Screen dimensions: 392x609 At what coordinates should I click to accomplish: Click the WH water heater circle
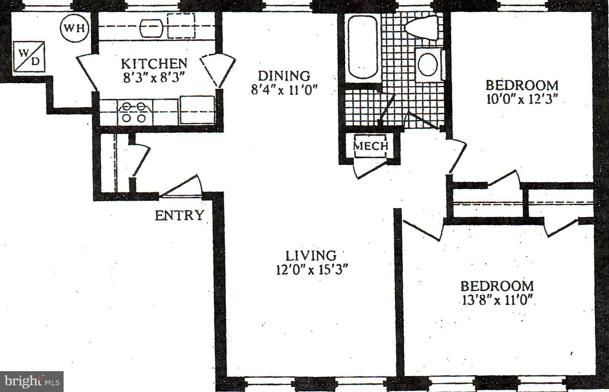tap(75, 28)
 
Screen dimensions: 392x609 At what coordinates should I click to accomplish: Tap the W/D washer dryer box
tap(29, 57)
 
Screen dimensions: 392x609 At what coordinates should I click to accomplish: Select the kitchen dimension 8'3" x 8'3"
tap(154, 77)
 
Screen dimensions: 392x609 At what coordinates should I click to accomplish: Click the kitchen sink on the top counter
tap(152, 28)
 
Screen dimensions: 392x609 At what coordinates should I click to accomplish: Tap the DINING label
tap(284, 75)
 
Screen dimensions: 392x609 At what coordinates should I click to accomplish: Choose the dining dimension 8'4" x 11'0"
tap(284, 90)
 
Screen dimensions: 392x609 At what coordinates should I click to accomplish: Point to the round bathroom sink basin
tap(428, 64)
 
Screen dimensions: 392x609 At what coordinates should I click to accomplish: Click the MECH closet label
tap(371, 145)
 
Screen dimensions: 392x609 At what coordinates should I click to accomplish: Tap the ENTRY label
tap(180, 215)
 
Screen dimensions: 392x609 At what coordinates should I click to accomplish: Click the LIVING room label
tap(311, 256)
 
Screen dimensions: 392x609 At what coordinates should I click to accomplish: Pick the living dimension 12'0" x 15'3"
tap(312, 269)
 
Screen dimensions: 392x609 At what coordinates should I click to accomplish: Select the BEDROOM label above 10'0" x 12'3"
tap(522, 85)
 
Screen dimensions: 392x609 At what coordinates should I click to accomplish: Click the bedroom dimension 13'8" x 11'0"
tap(497, 299)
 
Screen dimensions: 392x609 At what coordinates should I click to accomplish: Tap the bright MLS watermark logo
tap(32, 381)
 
